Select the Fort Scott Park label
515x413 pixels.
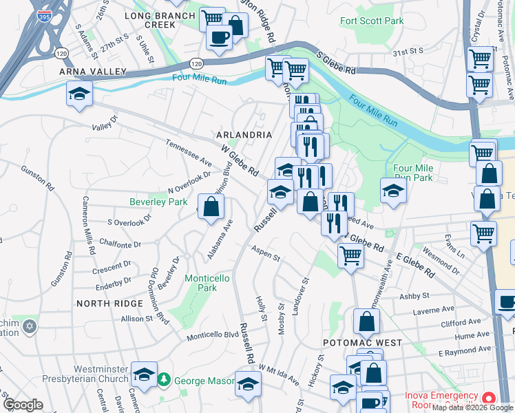pyautogui.click(x=372, y=21)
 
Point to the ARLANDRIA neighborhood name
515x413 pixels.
pyautogui.click(x=244, y=135)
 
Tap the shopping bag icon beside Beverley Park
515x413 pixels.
pyautogui.click(x=212, y=206)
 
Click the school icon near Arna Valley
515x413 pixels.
pyautogui.click(x=79, y=93)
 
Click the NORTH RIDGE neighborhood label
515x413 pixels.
pyautogui.click(x=110, y=304)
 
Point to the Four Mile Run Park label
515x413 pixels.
pyautogui.click(x=412, y=173)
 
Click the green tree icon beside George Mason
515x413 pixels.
pyautogui.click(x=164, y=379)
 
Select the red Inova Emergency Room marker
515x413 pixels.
pyautogui.click(x=488, y=399)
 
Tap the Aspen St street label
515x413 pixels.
pyautogui.click(x=266, y=254)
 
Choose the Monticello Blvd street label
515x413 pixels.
pyautogui.click(x=213, y=335)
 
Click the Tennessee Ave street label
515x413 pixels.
pyautogui.click(x=189, y=153)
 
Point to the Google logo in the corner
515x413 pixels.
pyautogui.click(x=23, y=405)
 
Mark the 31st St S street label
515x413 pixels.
pyautogui.click(x=407, y=52)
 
